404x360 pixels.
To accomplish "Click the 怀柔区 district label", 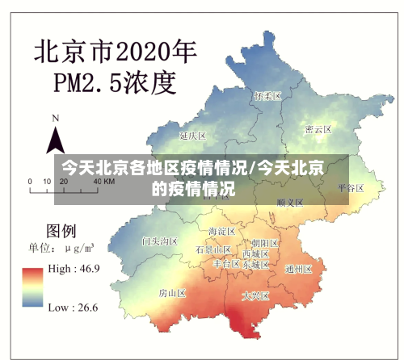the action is [267, 96].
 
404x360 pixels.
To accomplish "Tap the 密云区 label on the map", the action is [318, 129].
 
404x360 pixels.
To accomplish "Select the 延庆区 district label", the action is [194, 135].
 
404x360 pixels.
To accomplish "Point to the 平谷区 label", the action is [351, 187].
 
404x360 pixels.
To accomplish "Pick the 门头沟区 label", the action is [159, 241].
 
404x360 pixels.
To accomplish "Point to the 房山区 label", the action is [172, 292].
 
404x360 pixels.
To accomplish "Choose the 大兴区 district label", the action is [255, 296].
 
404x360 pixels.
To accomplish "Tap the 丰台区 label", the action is [226, 263].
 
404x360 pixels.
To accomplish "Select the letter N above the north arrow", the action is [56, 118].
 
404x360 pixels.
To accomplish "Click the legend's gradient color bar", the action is [33, 288].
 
